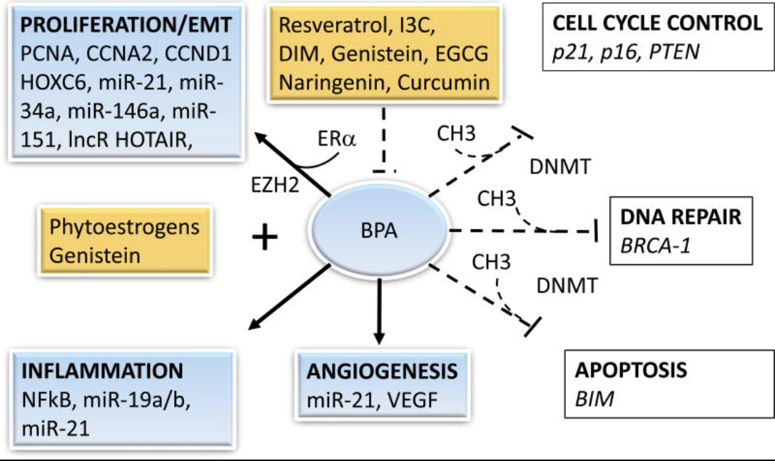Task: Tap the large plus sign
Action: click(265, 237)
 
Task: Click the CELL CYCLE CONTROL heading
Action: click(657, 24)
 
